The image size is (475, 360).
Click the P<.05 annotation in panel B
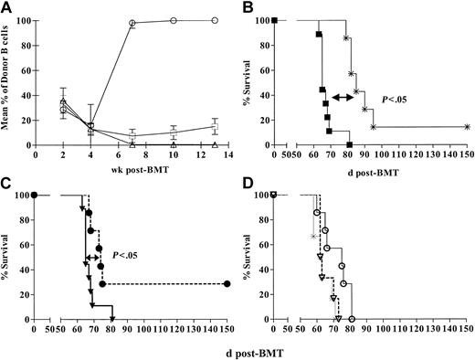coord(398,97)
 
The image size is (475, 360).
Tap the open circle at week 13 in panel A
coord(215,20)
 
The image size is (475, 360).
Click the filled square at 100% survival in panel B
coord(275,20)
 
